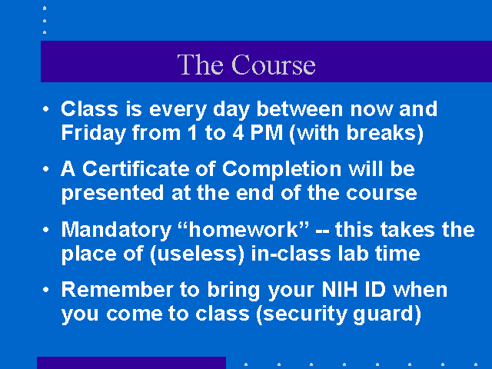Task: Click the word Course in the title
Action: pos(274,65)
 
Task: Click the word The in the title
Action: pos(200,65)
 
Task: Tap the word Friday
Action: pos(94,133)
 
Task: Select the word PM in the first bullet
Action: pos(267,132)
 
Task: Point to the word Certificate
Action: pos(136,168)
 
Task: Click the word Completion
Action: pos(281,169)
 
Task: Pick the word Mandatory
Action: pos(116,230)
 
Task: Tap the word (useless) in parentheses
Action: pos(197,254)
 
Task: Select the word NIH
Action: pos(340,289)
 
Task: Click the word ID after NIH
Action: pos(375,289)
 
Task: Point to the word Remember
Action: pos(117,289)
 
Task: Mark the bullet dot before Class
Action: pos(46,109)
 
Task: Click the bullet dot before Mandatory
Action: pos(46,230)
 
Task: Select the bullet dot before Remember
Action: pos(46,290)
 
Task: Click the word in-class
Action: pos(291,253)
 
